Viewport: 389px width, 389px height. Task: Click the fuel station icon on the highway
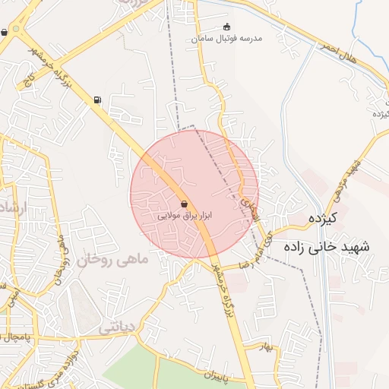pos(96,100)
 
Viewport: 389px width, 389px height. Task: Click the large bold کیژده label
pos(321,219)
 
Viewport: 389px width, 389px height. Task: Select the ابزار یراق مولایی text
pos(185,216)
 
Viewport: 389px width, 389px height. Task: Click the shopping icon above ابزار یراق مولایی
pos(185,203)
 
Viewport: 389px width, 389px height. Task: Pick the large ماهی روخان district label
pos(115,260)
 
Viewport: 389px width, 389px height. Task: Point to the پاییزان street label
pos(217,375)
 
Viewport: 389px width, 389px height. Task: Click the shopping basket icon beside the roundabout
pos(5,32)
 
